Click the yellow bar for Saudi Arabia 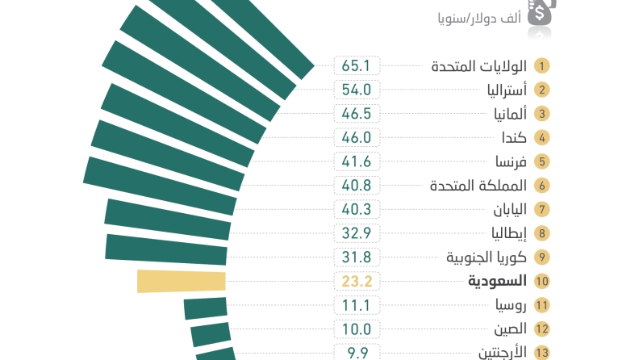point(182,281)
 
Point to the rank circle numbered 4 point(542,137)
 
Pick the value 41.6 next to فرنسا point(356,161)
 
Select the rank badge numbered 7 point(542,209)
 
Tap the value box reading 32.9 point(356,233)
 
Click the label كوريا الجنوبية point(487,257)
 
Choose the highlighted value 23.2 point(356,281)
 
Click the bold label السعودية point(497,281)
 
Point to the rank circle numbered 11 point(542,305)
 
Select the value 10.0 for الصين point(356,329)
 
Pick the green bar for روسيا point(206,308)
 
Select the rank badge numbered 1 point(542,66)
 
